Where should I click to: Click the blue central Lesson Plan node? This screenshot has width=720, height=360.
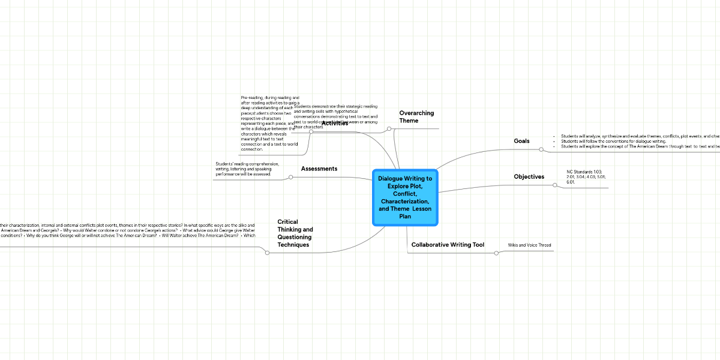click(x=405, y=197)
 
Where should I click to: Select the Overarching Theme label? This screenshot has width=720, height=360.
click(x=416, y=117)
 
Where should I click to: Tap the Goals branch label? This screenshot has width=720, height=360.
click(x=521, y=141)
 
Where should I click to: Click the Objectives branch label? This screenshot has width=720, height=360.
click(x=529, y=177)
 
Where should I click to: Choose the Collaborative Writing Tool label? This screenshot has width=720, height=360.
click(x=448, y=245)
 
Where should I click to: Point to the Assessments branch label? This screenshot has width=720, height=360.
click(x=319, y=169)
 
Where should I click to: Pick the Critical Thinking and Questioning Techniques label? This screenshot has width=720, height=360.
click(x=295, y=233)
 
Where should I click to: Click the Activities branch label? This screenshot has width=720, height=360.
click(x=335, y=123)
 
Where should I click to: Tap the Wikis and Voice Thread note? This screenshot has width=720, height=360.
click(x=529, y=245)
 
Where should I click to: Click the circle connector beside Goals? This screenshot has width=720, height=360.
click(x=542, y=149)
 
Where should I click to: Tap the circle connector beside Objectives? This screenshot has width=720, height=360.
click(x=555, y=185)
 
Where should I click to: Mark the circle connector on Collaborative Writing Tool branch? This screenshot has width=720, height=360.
click(x=496, y=253)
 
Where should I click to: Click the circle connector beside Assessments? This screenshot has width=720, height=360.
click(x=290, y=177)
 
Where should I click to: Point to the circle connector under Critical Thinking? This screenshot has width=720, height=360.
click(x=267, y=253)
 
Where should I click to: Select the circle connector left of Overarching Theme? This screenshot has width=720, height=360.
click(x=389, y=128)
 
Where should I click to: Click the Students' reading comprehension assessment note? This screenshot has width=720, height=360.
click(x=247, y=169)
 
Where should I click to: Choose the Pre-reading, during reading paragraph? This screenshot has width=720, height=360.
click(x=269, y=123)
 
